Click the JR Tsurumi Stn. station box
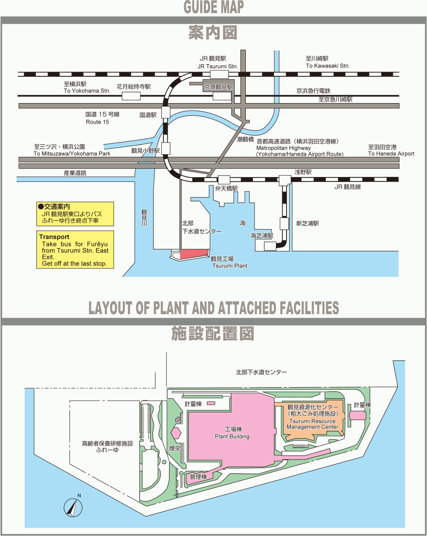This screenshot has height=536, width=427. pos(220,74)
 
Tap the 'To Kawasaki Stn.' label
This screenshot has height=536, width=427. pos(327,66)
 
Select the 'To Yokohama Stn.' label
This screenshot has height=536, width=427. pos(87,91)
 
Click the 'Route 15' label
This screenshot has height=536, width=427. pos(97,122)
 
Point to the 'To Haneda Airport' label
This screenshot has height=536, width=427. pos(391,154)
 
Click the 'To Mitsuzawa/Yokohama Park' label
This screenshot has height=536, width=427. pos(72,154)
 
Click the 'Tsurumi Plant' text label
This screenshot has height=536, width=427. pos(229,266)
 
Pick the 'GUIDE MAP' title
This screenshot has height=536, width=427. pos(213,7)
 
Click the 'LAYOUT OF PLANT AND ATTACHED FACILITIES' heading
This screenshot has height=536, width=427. pos(213,308)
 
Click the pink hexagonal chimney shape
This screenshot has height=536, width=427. pos(175,432)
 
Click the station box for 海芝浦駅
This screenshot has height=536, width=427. pos(270,246)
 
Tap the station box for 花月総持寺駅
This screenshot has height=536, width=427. pos(131,96)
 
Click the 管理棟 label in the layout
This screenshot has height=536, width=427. pos(198,477)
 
